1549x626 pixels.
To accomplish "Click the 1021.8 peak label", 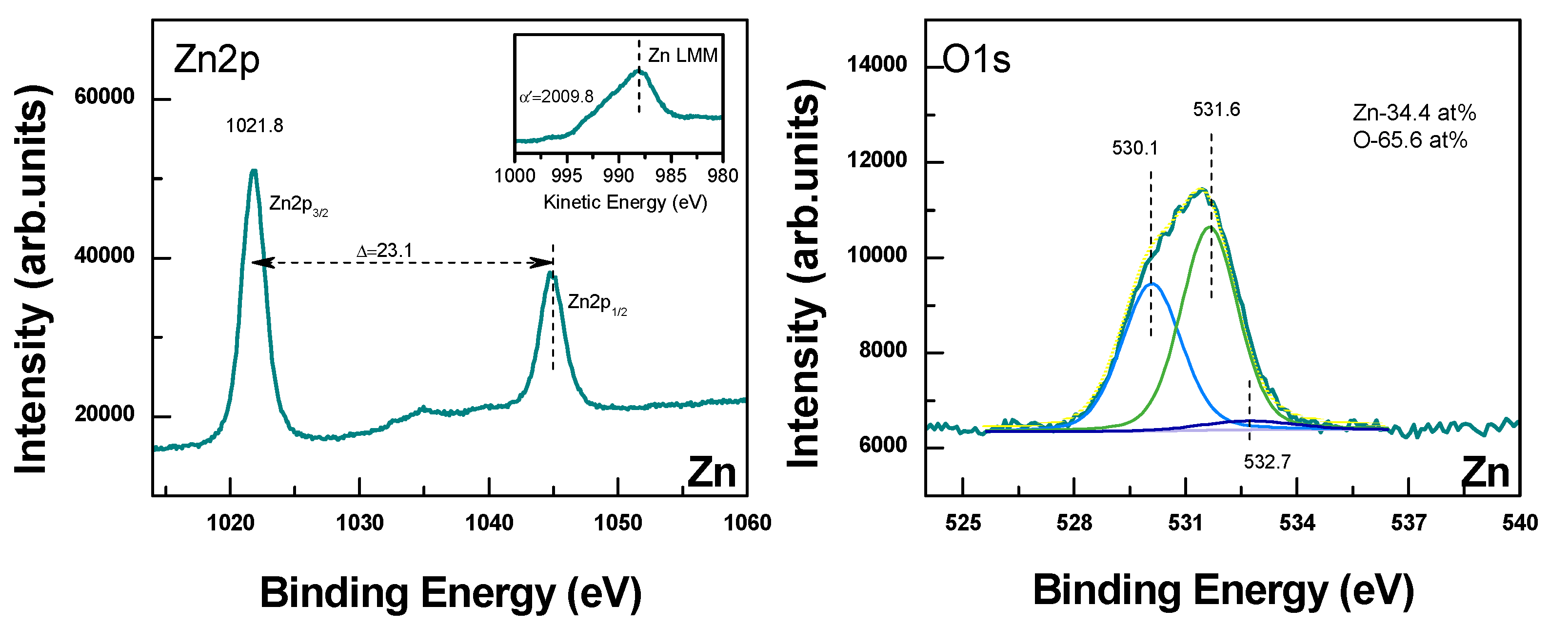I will [x=255, y=126].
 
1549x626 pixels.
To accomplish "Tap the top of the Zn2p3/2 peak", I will [x=254, y=172].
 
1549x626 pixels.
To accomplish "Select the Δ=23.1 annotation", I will [x=385, y=250].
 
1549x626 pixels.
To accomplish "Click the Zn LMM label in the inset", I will [x=682, y=55].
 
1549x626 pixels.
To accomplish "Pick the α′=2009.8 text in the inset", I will [x=556, y=96].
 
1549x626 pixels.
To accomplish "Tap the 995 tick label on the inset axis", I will [x=566, y=176].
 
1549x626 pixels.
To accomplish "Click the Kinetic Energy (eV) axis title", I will [x=625, y=202].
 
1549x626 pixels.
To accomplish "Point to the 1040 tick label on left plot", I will [x=489, y=523].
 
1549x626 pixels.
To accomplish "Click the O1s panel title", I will [x=976, y=59].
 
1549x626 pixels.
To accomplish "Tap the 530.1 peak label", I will [x=1135, y=148].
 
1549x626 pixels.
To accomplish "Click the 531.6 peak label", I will [x=1216, y=109].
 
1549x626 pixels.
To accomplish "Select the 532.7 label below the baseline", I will [x=1267, y=462].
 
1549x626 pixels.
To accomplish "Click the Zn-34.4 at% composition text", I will [x=1414, y=113].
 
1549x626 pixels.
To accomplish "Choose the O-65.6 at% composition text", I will [x=1410, y=140].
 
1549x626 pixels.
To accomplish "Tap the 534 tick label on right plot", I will [x=1297, y=523].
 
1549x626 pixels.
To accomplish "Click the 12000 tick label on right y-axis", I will [x=877, y=160].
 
